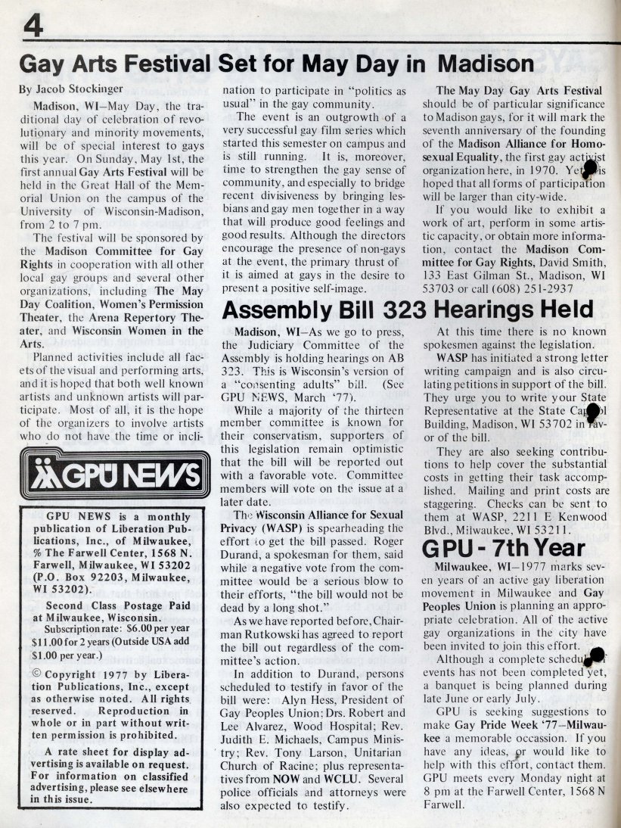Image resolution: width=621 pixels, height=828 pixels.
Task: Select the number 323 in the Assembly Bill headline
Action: click(384, 310)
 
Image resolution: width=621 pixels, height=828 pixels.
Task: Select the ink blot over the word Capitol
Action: click(593, 412)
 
